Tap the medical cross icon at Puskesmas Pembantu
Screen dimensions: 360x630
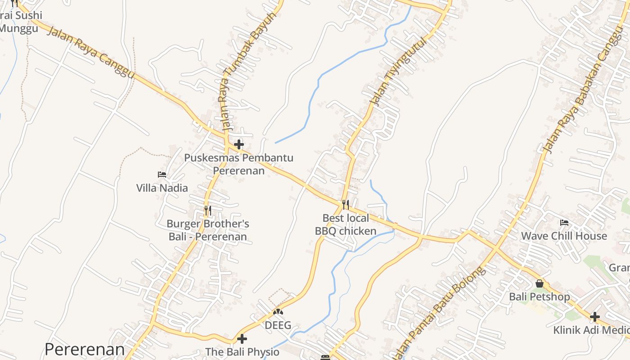(x=239, y=144)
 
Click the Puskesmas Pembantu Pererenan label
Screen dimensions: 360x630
(x=238, y=164)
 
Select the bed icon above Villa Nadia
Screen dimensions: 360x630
(x=162, y=175)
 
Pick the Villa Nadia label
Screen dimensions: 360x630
(x=162, y=188)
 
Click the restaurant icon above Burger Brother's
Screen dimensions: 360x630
(x=207, y=210)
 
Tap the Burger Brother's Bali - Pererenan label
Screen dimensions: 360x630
(x=207, y=230)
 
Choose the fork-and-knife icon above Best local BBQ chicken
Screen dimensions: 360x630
(x=346, y=205)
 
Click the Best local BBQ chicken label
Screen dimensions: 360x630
(x=346, y=225)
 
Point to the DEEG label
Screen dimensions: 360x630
(x=278, y=325)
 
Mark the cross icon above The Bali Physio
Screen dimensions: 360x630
(x=242, y=338)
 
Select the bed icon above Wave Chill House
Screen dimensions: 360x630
(x=564, y=222)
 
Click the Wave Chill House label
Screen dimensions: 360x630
(x=564, y=236)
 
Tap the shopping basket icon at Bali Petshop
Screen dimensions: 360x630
(x=540, y=283)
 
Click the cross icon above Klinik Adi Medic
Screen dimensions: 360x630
(x=595, y=317)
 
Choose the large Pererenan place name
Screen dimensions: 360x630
(x=85, y=349)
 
